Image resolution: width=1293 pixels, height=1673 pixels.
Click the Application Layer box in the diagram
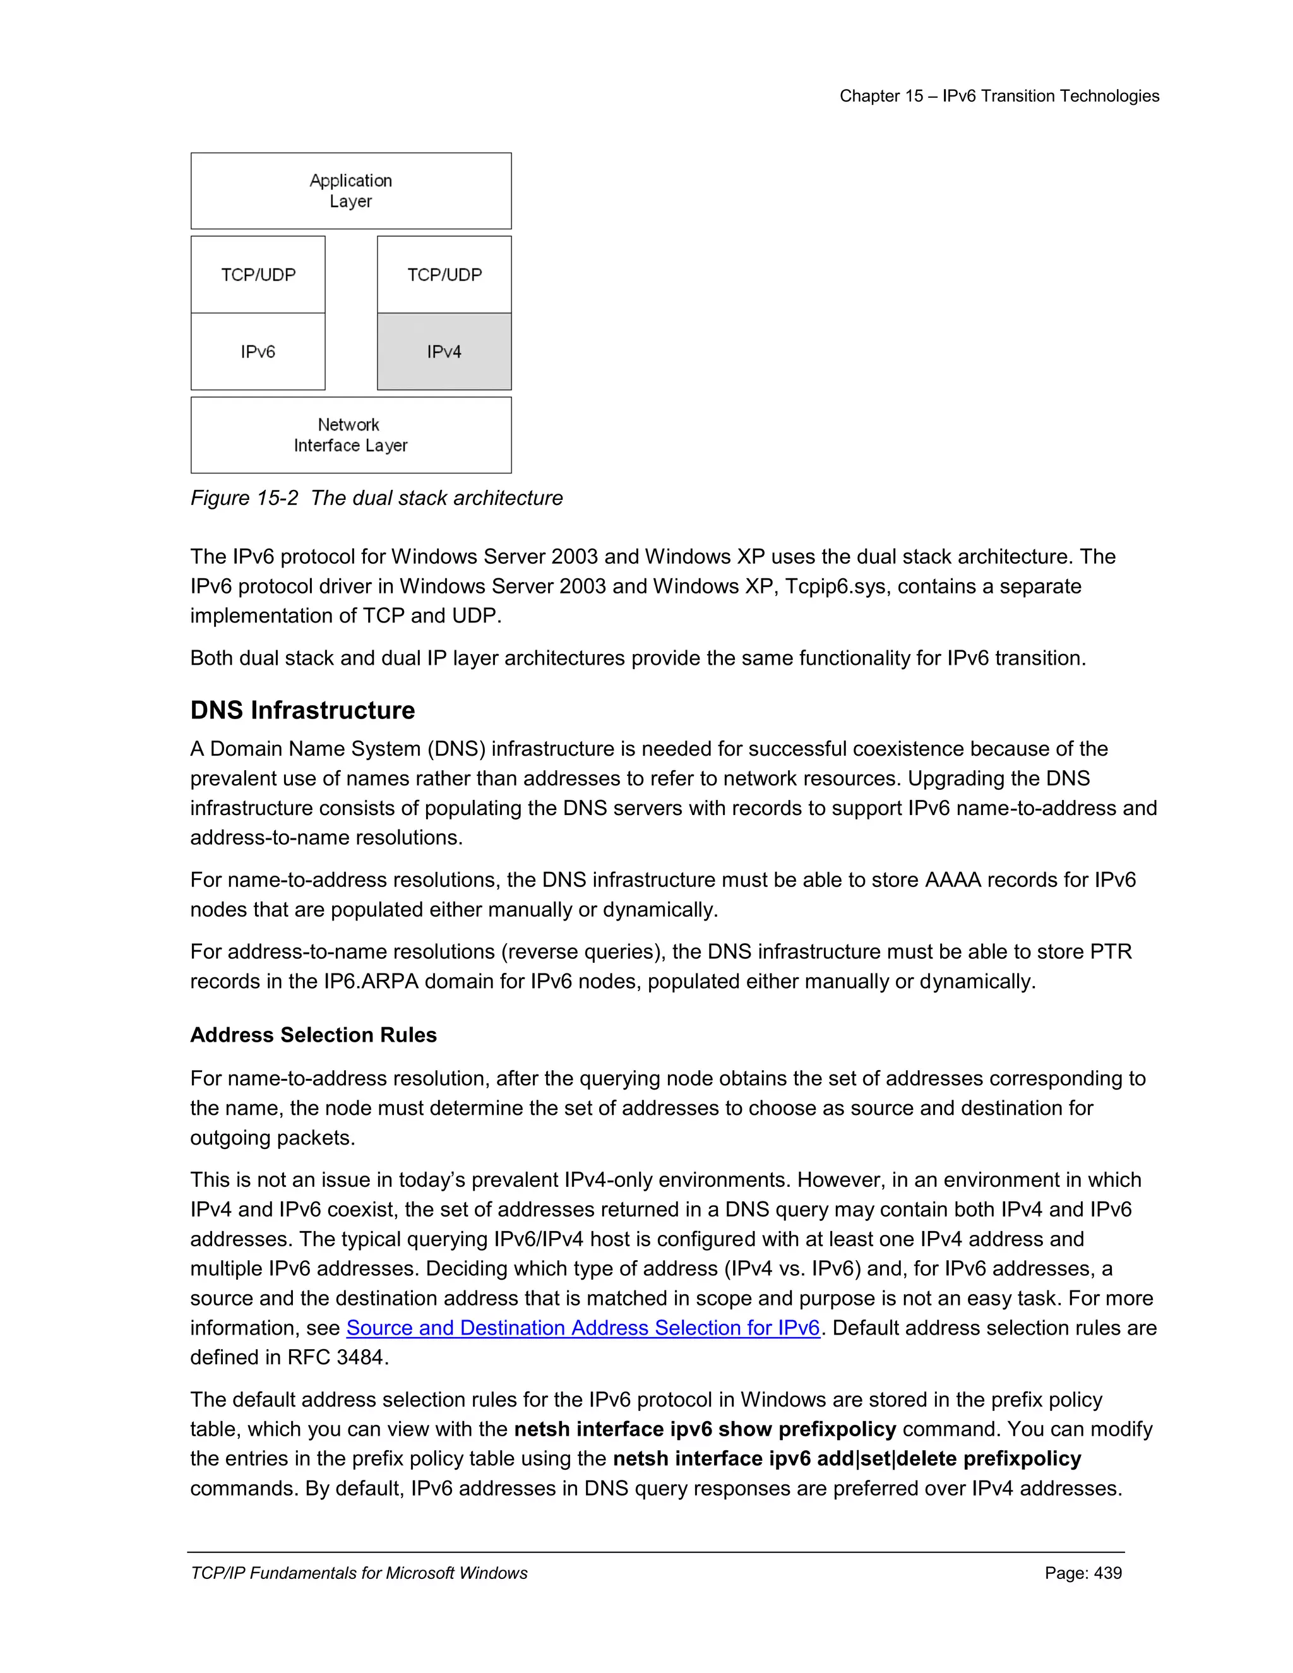pos(351,191)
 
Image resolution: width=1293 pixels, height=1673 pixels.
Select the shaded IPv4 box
pos(444,352)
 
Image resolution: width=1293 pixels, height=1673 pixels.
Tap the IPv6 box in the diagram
pos(258,352)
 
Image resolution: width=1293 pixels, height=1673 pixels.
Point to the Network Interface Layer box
pos(351,435)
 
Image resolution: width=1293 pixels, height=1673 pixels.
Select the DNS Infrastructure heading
pos(302,710)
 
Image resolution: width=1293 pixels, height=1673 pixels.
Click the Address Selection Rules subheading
pos(313,1035)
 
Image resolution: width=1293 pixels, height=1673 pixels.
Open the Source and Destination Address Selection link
pos(583,1328)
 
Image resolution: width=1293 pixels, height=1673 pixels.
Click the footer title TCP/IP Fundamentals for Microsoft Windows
pos(359,1573)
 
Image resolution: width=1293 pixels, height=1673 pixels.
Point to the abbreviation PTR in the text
pos(1110,951)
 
